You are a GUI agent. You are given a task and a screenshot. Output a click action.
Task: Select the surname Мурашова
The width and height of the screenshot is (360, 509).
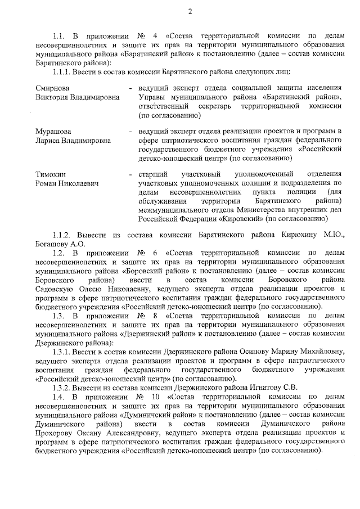coord(54,131)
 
